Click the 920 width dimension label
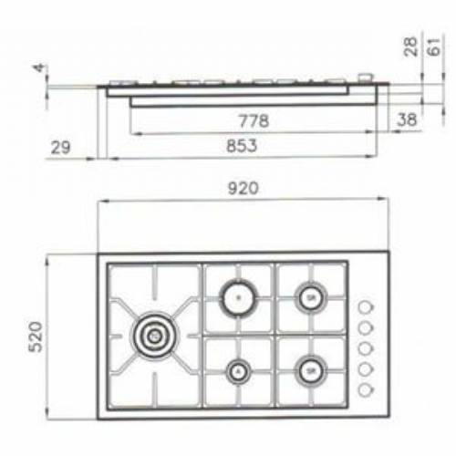[244, 190]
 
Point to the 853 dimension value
[240, 145]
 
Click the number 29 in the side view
[61, 146]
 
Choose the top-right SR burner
[311, 297]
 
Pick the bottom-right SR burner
[311, 370]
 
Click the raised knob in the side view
[365, 79]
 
